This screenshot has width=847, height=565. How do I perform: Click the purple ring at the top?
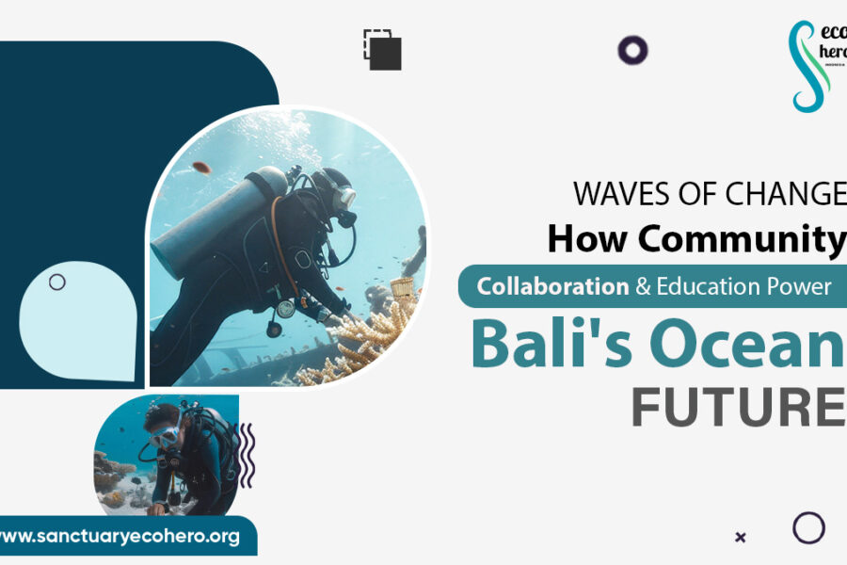632,50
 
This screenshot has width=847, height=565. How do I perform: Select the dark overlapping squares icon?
383,50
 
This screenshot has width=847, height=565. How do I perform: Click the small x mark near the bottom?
741,537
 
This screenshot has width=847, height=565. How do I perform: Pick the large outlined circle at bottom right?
808,527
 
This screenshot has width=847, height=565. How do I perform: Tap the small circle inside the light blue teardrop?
57,282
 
